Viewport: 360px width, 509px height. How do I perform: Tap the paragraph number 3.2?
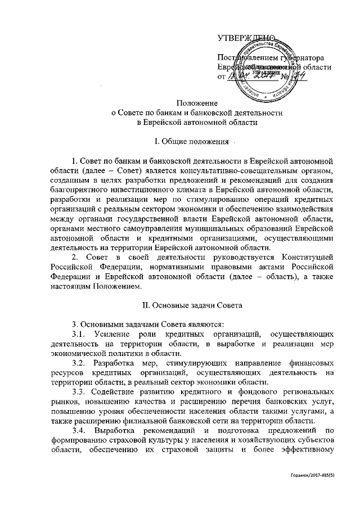click(73, 363)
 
